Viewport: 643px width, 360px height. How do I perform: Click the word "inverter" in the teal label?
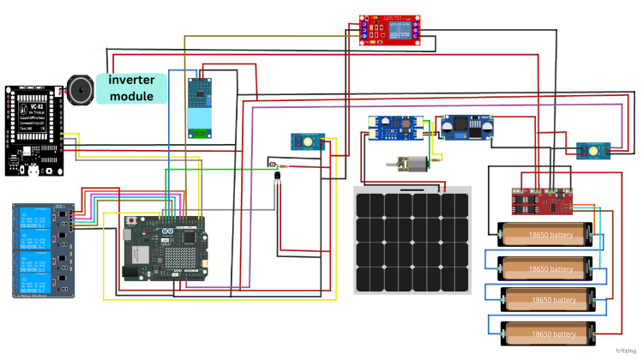(x=131, y=80)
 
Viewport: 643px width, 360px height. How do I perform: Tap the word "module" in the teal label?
(x=131, y=96)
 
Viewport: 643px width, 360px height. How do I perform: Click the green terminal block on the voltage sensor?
(x=201, y=132)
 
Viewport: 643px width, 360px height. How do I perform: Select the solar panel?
(x=412, y=240)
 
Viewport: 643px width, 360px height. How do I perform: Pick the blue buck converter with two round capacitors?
(x=467, y=127)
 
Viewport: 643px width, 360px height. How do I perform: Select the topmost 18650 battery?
(x=545, y=232)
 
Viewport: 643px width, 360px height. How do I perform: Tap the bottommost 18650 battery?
(x=548, y=333)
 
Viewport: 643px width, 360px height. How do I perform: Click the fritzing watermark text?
(x=626, y=351)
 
